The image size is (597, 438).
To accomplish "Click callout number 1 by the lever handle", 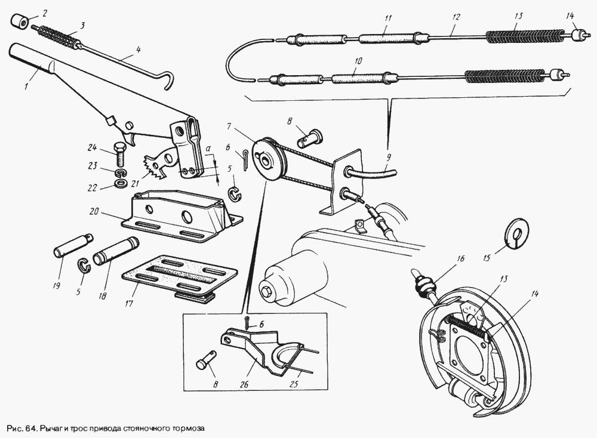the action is (26, 87).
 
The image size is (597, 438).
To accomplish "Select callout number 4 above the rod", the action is (139, 50).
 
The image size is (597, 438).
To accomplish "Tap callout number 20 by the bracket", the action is (94, 211).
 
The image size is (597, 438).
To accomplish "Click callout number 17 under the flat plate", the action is (129, 304).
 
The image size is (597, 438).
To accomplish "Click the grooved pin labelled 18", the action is (117, 251).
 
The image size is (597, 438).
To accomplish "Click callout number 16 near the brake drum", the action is (461, 259).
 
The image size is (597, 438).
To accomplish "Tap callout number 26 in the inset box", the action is (244, 384).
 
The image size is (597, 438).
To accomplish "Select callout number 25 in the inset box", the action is (294, 384).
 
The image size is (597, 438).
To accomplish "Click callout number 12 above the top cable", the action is (456, 17).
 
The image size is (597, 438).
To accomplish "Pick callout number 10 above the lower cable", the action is (358, 61).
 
